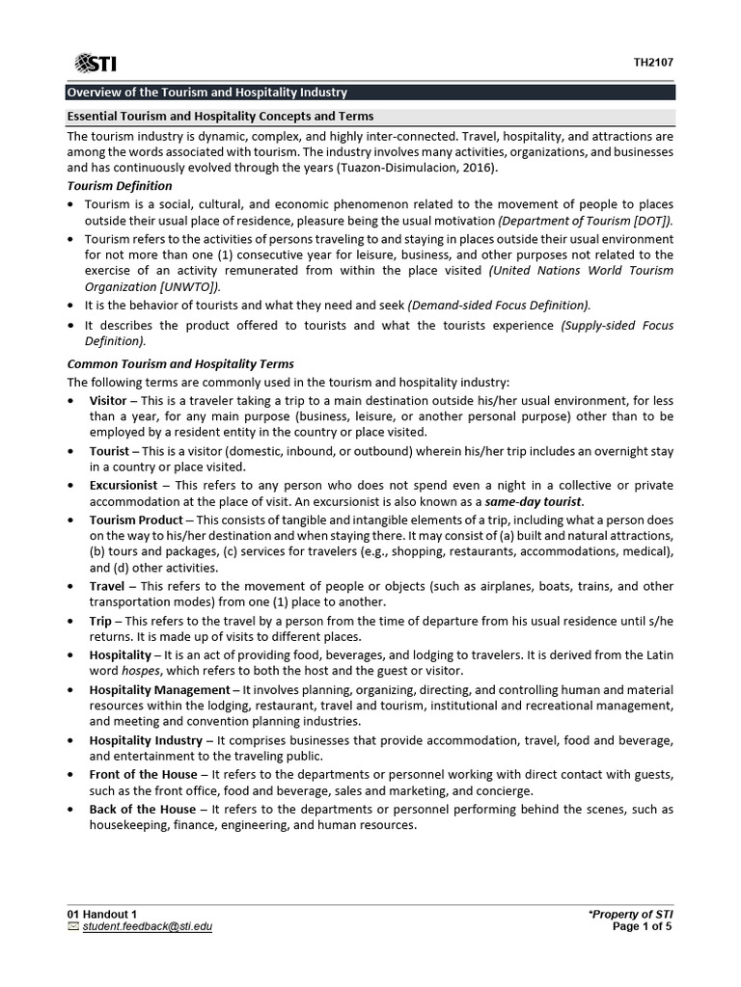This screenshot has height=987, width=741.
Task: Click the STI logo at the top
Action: click(96, 63)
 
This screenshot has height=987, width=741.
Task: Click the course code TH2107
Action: click(653, 63)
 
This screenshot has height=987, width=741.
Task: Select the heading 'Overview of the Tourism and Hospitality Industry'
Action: click(206, 93)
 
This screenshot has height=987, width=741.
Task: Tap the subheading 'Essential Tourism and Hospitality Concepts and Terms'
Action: click(220, 117)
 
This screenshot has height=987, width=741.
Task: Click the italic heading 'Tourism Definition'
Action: click(119, 185)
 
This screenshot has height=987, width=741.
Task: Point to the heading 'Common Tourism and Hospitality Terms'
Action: click(179, 364)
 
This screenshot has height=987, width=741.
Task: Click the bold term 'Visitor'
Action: click(107, 400)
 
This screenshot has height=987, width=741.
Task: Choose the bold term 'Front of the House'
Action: click(144, 775)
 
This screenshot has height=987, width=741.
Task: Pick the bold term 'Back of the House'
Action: click(142, 809)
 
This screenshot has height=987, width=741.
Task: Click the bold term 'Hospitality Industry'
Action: click(146, 740)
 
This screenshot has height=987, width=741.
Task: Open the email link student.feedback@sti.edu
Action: click(148, 926)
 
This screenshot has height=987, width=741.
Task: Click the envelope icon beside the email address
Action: click(73, 926)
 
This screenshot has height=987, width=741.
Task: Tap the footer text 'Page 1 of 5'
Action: click(642, 926)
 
